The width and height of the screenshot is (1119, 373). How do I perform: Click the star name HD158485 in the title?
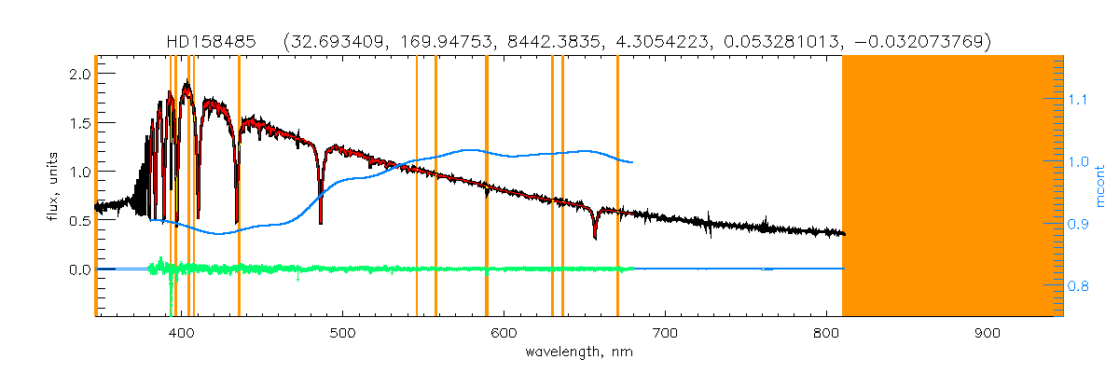click(x=211, y=42)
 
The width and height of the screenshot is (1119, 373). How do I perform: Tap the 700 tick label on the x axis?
click(x=665, y=333)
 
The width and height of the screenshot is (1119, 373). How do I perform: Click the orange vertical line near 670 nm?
click(x=617, y=186)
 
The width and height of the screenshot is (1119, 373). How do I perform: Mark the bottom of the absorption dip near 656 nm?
click(x=595, y=239)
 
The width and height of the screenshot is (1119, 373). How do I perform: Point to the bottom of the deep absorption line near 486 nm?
click(x=321, y=224)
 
